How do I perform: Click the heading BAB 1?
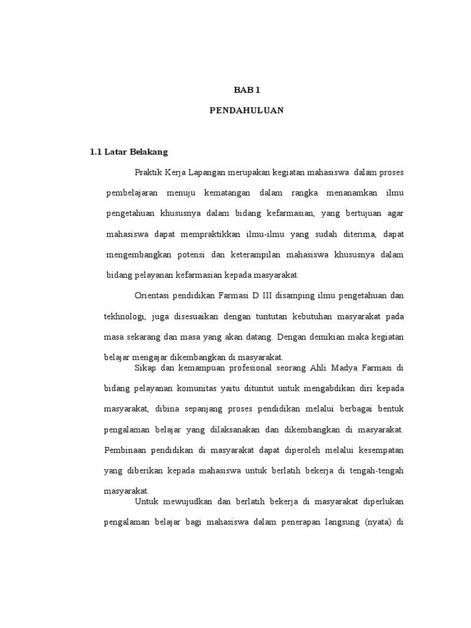click(247, 90)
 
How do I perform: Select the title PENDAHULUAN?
click(247, 112)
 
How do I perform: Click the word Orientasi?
click(153, 296)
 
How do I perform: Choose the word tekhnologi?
click(125, 316)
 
